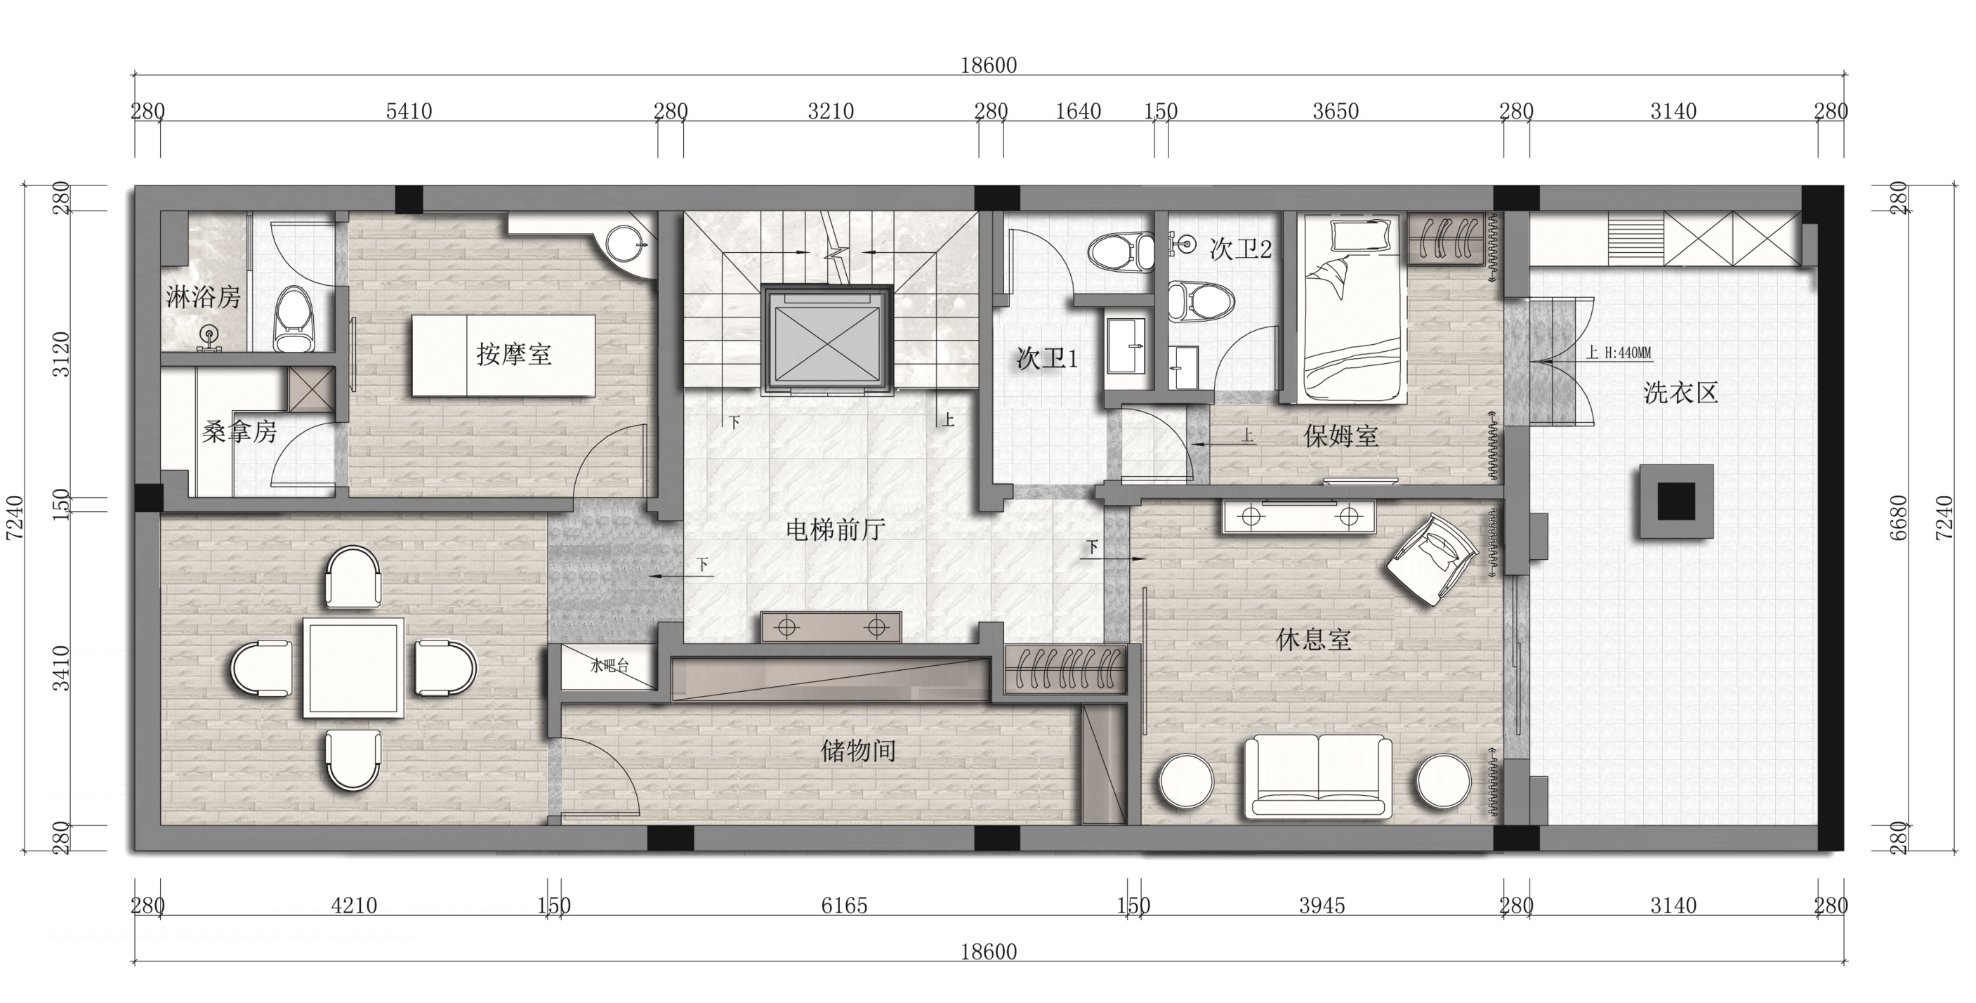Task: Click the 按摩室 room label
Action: click(514, 355)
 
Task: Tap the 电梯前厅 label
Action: click(836, 530)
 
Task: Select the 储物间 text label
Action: click(858, 751)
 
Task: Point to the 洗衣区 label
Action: click(1680, 393)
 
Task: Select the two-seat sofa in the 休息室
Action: click(1318, 777)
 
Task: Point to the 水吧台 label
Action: click(609, 665)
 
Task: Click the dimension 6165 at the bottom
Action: click(844, 905)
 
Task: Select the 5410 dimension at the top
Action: click(409, 111)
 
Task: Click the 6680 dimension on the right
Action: click(1898, 518)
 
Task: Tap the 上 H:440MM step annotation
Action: click(1619, 353)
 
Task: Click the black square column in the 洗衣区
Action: click(1677, 501)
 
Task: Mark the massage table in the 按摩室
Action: click(504, 355)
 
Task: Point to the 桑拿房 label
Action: click(239, 432)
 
